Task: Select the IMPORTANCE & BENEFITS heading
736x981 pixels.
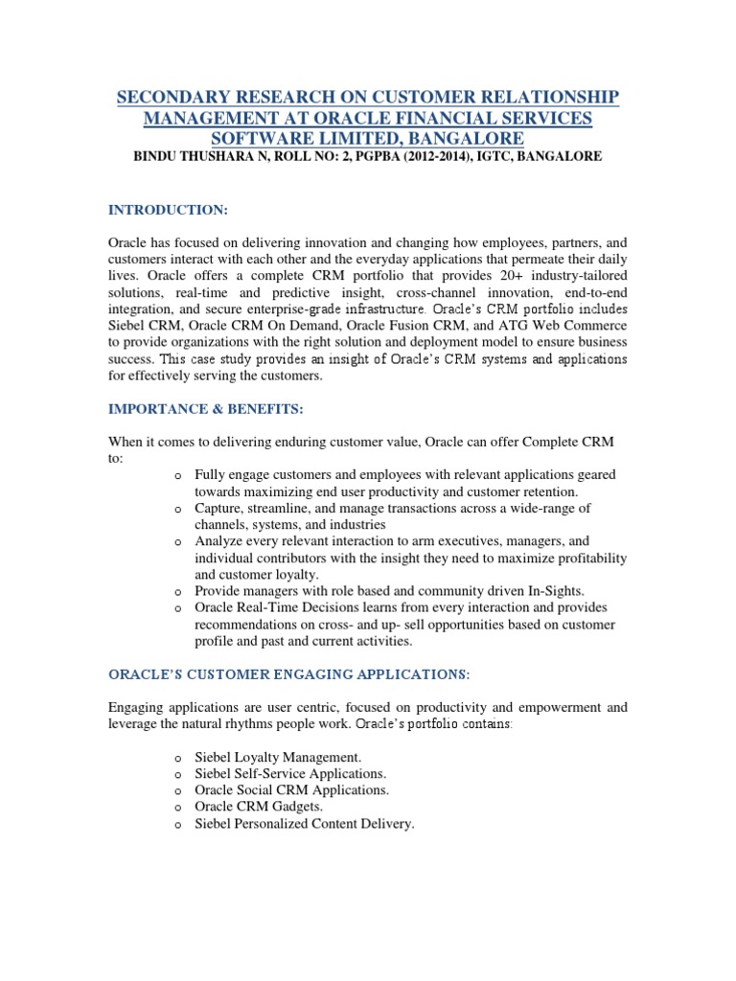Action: [205, 409]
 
